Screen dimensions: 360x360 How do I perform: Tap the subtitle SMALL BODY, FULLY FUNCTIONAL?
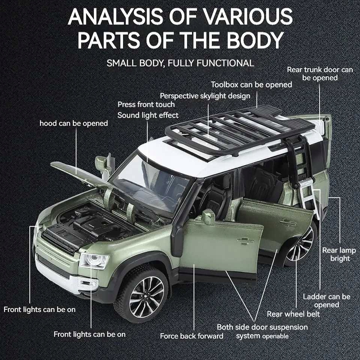[x=180, y=63]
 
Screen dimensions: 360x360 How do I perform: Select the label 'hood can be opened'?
[x=73, y=123]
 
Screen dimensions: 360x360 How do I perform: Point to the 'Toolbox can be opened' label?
[x=251, y=85]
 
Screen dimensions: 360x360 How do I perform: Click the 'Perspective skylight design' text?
[x=205, y=96]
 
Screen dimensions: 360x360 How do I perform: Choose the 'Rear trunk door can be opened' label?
[x=320, y=74]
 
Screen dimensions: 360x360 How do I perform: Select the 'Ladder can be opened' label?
[x=326, y=301]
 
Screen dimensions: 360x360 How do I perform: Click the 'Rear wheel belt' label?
[x=293, y=313]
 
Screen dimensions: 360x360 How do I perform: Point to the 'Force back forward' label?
[x=191, y=336]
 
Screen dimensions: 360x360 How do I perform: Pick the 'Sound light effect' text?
[x=148, y=115]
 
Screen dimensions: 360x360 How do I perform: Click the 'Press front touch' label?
[x=146, y=104]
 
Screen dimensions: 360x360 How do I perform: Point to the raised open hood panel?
[x=81, y=173]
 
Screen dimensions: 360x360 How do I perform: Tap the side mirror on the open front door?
[x=208, y=217]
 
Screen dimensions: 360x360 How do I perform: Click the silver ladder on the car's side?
[x=307, y=197]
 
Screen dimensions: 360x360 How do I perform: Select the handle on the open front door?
[x=246, y=241]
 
